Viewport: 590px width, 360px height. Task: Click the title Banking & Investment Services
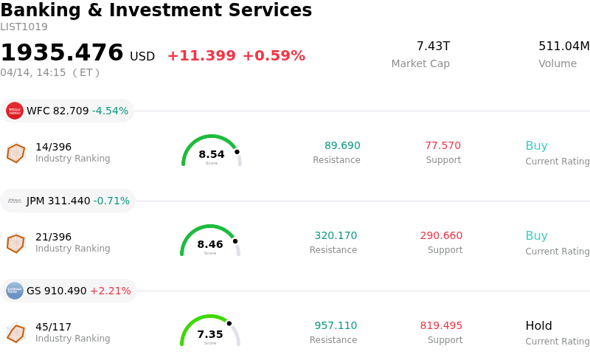click(x=156, y=11)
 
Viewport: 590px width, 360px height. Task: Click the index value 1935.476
click(x=62, y=53)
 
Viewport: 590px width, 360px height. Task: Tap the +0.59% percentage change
click(x=274, y=56)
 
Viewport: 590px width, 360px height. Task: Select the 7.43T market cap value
click(x=433, y=46)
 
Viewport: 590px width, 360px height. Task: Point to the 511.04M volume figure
click(x=563, y=46)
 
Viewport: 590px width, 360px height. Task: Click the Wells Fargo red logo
click(x=15, y=111)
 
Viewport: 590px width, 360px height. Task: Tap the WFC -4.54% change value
click(x=110, y=111)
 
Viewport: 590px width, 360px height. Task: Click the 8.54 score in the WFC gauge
click(x=212, y=154)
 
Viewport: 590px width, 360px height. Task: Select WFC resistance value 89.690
click(x=342, y=146)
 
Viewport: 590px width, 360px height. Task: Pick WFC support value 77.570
click(x=442, y=146)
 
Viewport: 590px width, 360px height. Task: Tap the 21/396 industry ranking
click(x=53, y=237)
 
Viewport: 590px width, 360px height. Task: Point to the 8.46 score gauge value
click(x=210, y=244)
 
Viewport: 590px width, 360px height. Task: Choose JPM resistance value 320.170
click(x=336, y=236)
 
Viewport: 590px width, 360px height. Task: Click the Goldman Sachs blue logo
click(x=15, y=291)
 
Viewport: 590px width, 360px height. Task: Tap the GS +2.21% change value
click(x=110, y=291)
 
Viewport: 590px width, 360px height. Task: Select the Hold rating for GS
click(x=538, y=326)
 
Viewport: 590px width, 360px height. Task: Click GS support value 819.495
click(x=441, y=326)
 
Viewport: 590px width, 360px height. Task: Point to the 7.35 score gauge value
click(x=210, y=334)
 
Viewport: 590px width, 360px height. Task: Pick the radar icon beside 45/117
click(x=15, y=333)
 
